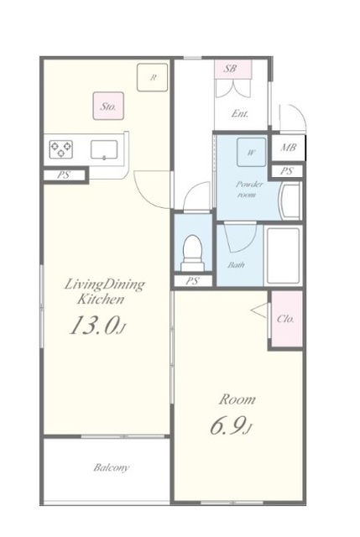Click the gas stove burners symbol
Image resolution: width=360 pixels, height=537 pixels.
61,149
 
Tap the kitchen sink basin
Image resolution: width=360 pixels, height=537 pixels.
104,149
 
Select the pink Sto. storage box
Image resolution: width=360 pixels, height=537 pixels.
108,106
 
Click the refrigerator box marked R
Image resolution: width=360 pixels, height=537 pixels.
153,77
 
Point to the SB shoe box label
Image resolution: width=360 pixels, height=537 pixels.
230,68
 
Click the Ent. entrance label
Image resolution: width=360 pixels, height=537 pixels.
239,114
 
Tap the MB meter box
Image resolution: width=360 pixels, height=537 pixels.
288,148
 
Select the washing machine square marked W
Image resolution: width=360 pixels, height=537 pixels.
252,153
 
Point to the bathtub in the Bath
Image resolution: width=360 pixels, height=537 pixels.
284,255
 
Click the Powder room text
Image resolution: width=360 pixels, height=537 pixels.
249,190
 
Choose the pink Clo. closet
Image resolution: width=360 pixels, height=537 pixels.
287,319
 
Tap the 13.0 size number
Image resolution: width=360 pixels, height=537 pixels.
95,325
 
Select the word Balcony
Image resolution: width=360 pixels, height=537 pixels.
112,467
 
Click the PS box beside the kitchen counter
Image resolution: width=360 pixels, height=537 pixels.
65,175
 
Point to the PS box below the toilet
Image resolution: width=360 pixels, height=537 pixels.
192,281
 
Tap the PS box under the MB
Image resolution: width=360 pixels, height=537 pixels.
287,171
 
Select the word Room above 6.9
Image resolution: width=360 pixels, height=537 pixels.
237,399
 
